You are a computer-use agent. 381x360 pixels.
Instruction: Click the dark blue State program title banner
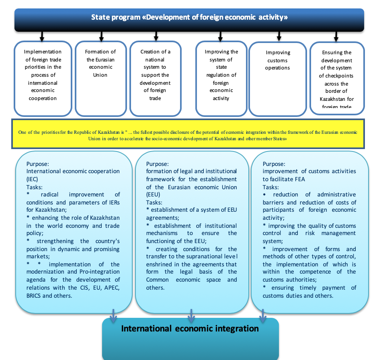coord(189,20)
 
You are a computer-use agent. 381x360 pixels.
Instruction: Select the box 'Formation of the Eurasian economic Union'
coord(101,78)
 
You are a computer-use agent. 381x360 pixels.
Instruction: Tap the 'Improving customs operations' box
coord(277,79)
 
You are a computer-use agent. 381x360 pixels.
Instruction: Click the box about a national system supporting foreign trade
coord(156,78)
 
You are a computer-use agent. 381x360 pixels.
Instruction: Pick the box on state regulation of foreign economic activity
coord(221,78)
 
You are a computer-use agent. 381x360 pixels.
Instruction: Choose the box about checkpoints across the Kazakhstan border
coord(337,78)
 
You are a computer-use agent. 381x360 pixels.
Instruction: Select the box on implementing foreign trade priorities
coord(43,78)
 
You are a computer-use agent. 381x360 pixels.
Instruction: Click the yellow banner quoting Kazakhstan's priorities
coord(188,134)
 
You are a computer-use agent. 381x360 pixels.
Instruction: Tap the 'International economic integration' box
coord(190,339)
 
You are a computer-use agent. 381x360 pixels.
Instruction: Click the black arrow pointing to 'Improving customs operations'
coord(279,36)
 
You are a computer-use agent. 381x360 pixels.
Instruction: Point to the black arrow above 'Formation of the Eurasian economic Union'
coord(101,36)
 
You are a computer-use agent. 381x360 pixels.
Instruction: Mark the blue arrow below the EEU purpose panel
coord(191,316)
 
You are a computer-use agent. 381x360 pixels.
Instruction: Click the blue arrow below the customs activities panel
coord(263,316)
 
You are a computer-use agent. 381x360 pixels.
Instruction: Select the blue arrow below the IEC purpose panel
coord(113,316)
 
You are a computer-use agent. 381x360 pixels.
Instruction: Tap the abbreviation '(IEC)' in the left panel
coord(32,179)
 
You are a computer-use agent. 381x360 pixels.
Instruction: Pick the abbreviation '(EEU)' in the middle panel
coord(153,194)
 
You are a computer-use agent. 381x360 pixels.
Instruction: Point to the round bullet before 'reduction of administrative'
coord(264,194)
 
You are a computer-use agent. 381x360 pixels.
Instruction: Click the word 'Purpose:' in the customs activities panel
coord(274,164)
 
